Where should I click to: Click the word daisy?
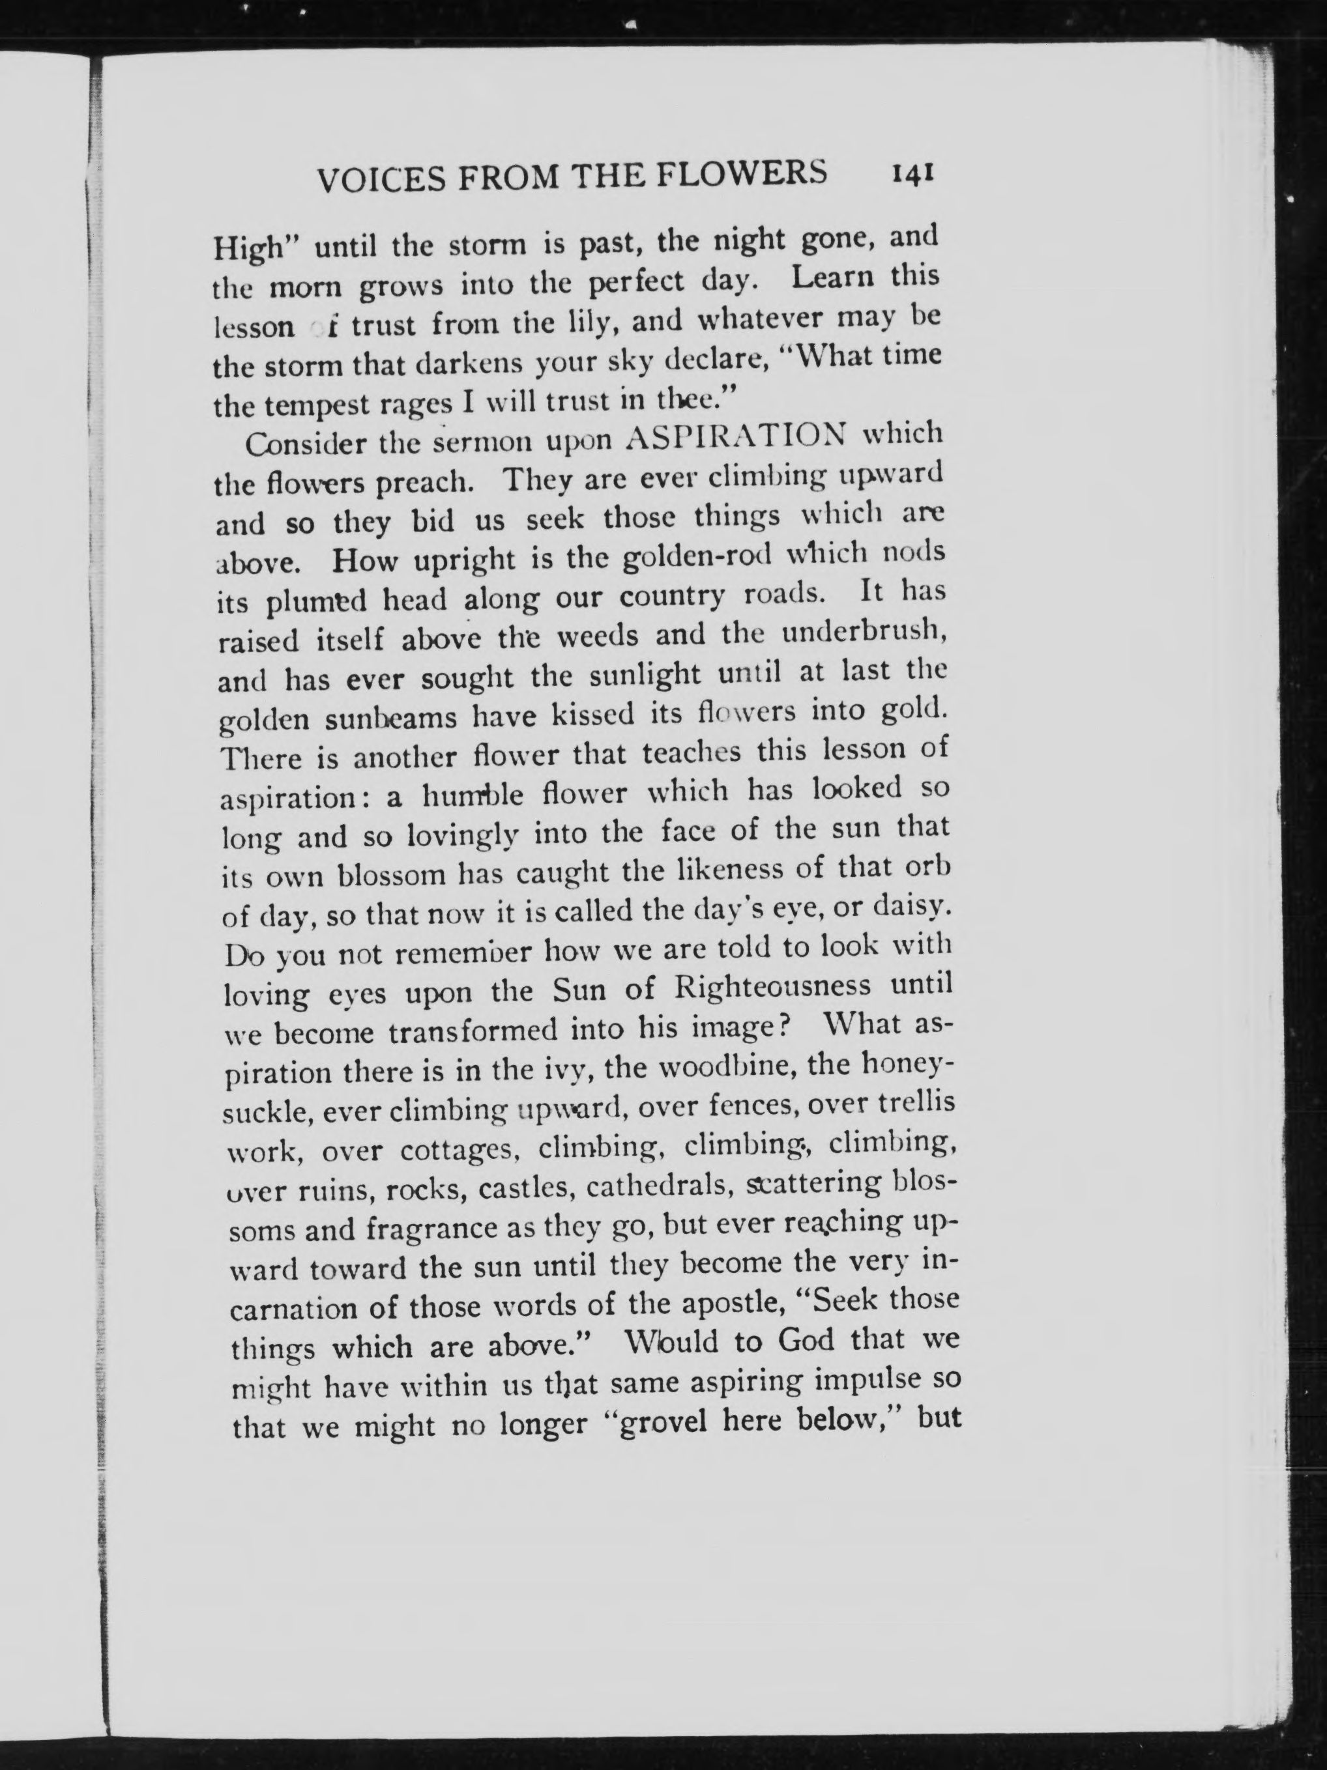tap(914, 907)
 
